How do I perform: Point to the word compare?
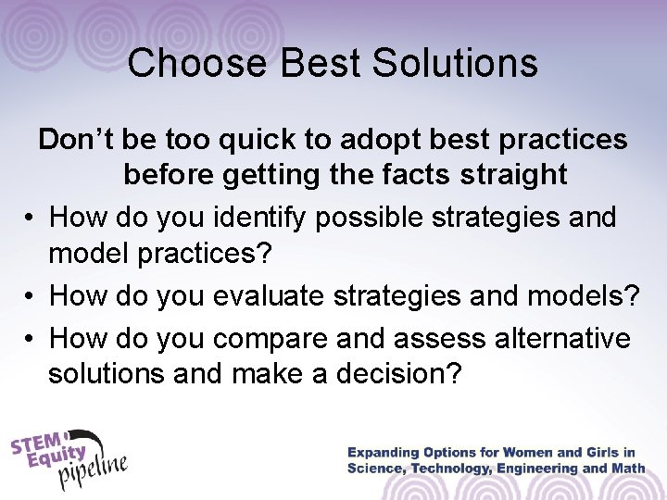270,338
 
